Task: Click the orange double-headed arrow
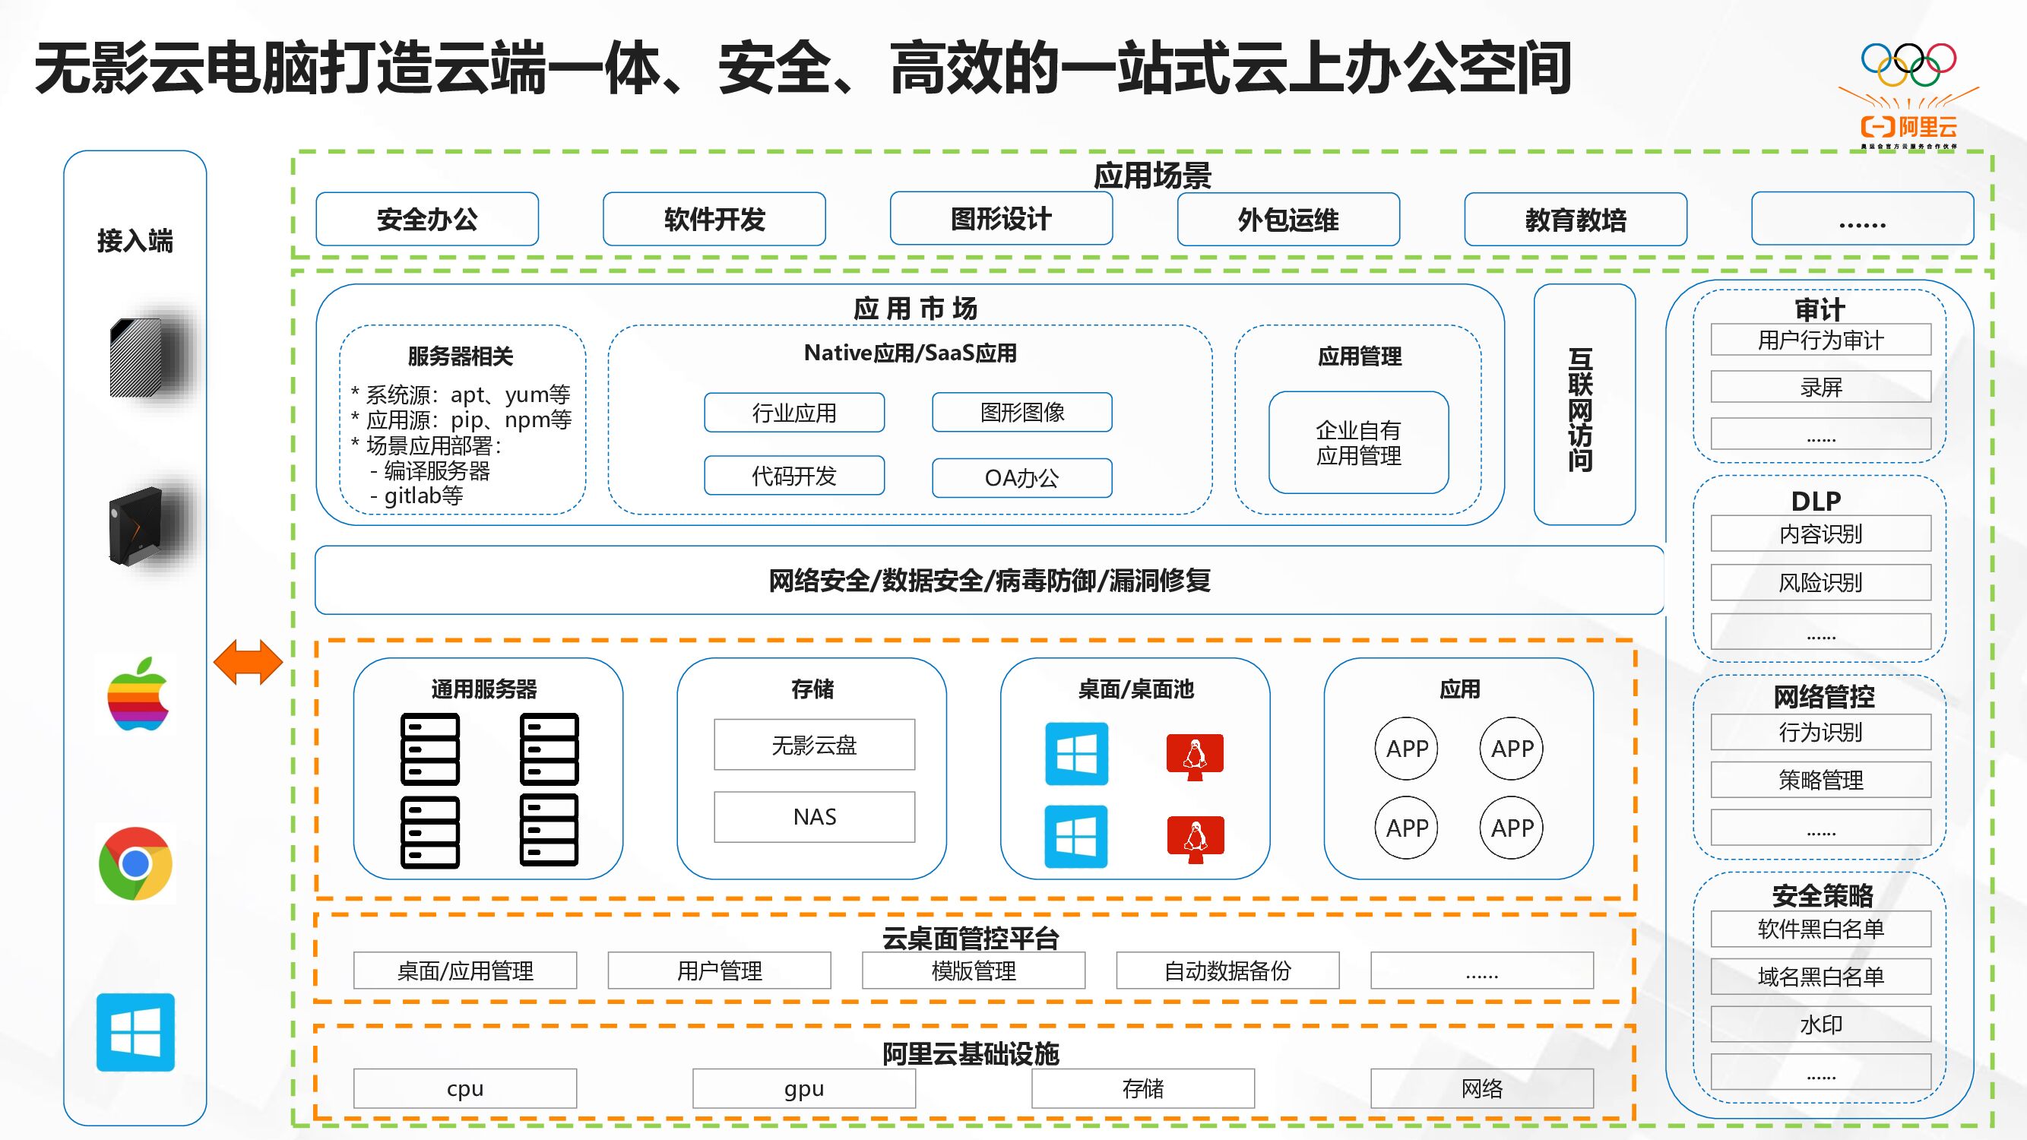[248, 662]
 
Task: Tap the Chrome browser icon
[135, 863]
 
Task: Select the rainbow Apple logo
[138, 695]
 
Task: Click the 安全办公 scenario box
[427, 220]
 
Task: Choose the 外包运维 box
[1288, 220]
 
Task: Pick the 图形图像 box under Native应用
[1022, 412]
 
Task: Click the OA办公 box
[1022, 477]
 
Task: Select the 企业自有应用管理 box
[1359, 443]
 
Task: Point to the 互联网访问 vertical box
[1584, 405]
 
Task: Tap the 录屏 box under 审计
[1821, 387]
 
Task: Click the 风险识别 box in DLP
[1821, 582]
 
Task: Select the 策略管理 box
[1821, 780]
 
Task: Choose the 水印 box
[1821, 1024]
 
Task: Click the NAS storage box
[815, 817]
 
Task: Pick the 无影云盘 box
[815, 744]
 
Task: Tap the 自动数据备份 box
[1227, 971]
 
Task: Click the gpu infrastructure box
[803, 1088]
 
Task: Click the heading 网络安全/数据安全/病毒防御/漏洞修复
[989, 581]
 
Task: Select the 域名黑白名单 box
[1821, 977]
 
